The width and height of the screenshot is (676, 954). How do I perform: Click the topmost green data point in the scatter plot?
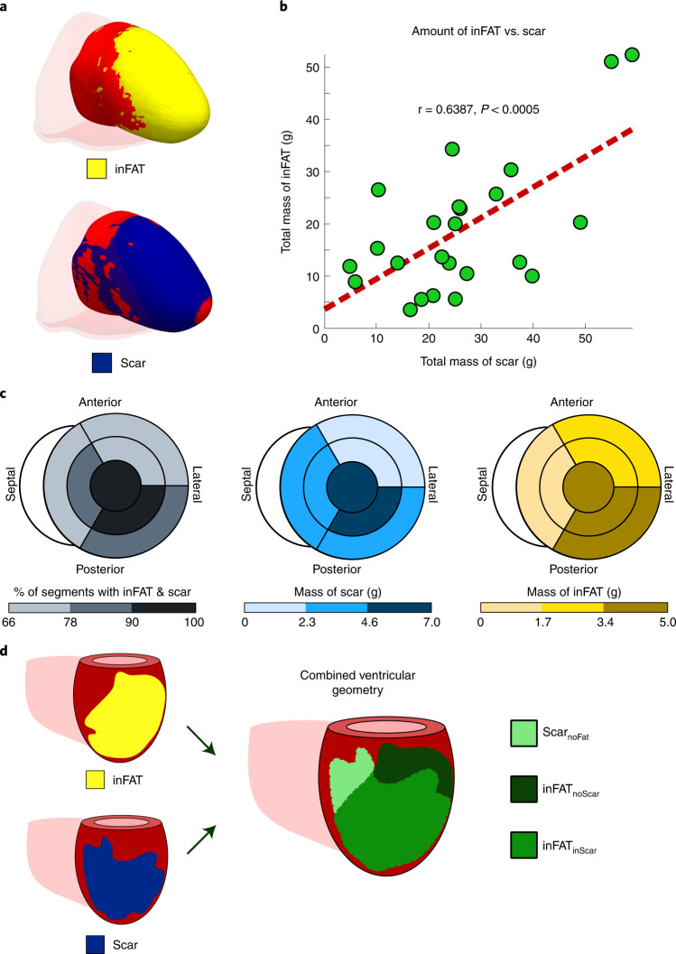pos(632,55)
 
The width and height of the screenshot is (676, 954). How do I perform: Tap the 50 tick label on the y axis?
pos(310,67)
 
